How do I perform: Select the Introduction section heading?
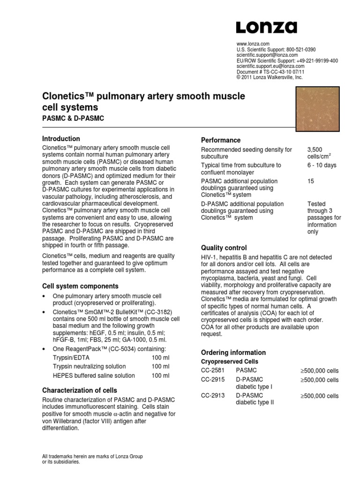pyautogui.click(x=61, y=139)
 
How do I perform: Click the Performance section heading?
pyautogui.click(x=221, y=140)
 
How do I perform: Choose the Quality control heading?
pyautogui.click(x=224, y=247)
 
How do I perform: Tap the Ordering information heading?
pyautogui.click(x=233, y=352)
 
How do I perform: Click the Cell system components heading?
pyautogui.click(x=81, y=286)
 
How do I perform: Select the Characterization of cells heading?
pyautogui.click(x=80, y=390)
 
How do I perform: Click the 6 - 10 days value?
pyautogui.click(x=322, y=165)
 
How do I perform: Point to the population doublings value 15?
pyautogui.click(x=311, y=181)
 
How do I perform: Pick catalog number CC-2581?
pyautogui.click(x=213, y=371)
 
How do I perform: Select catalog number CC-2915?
pyautogui.click(x=213, y=380)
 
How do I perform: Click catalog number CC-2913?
pyautogui.click(x=213, y=396)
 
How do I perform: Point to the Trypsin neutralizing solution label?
pyautogui.click(x=89, y=366)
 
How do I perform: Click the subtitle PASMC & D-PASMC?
pyautogui.click(x=73, y=119)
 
